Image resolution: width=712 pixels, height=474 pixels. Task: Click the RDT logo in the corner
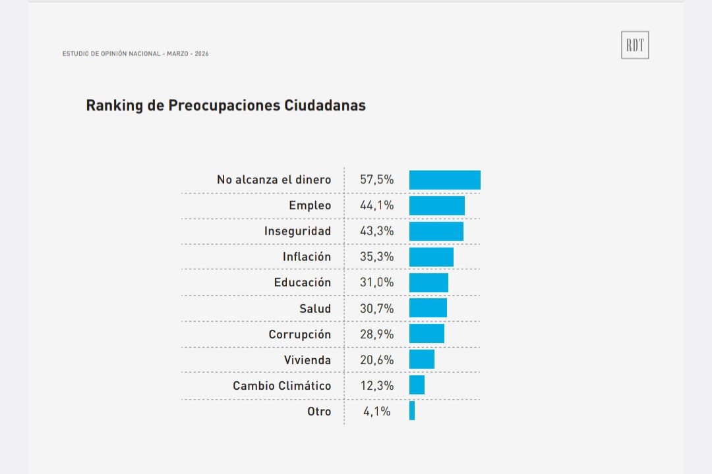pyautogui.click(x=635, y=45)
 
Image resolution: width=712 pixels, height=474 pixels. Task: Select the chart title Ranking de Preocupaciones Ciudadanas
pyautogui.click(x=225, y=105)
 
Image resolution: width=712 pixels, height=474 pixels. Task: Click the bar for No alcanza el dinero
pyautogui.click(x=444, y=180)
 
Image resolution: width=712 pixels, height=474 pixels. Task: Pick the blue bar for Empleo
pyautogui.click(x=436, y=205)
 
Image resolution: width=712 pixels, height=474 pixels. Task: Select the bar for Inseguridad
pyautogui.click(x=436, y=231)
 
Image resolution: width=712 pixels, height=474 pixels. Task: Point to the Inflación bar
pyautogui.click(x=431, y=257)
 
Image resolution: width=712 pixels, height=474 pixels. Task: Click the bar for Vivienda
pyautogui.click(x=421, y=359)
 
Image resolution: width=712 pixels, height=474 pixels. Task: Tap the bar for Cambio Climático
pyautogui.click(x=417, y=385)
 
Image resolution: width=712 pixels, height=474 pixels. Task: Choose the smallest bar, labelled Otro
pyautogui.click(x=412, y=411)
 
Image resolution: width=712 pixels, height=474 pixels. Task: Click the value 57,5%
pyautogui.click(x=376, y=180)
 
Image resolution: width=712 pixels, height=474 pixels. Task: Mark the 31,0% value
pyautogui.click(x=376, y=282)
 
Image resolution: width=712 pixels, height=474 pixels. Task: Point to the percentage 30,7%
pyautogui.click(x=376, y=308)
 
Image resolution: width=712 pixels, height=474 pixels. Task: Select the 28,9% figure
pyautogui.click(x=376, y=334)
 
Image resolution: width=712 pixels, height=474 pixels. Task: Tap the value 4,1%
pyautogui.click(x=376, y=411)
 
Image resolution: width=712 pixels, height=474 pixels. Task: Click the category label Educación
pyautogui.click(x=302, y=282)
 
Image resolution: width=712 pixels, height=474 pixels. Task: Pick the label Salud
pyautogui.click(x=314, y=308)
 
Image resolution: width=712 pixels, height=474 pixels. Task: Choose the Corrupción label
pyautogui.click(x=299, y=334)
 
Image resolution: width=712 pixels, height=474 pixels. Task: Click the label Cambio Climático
pyautogui.click(x=282, y=386)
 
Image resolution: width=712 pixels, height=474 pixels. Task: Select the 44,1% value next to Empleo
pyautogui.click(x=376, y=205)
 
